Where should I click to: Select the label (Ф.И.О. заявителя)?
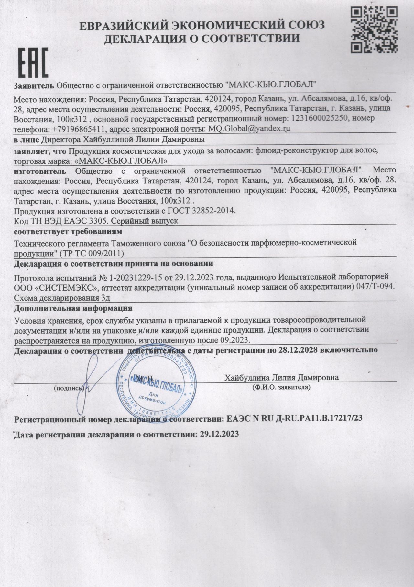click(x=281, y=387)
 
